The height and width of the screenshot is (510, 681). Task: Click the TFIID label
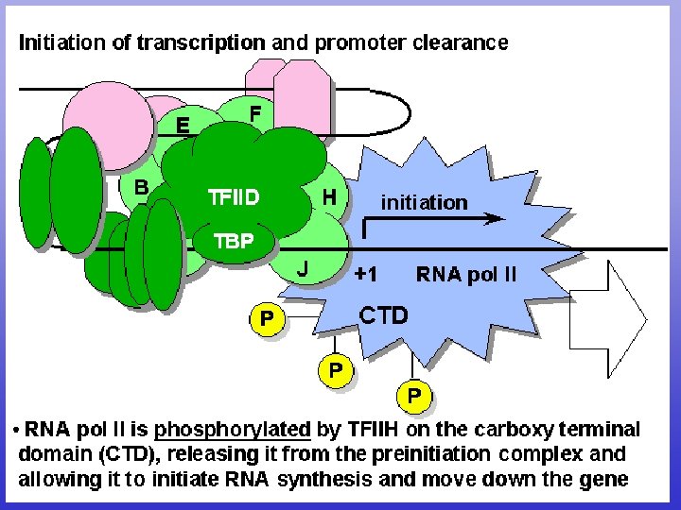point(233,198)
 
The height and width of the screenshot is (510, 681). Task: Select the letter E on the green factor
point(182,124)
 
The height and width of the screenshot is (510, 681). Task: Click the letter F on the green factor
point(254,113)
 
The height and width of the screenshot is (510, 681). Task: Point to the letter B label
point(140,187)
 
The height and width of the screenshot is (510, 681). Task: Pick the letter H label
point(329,197)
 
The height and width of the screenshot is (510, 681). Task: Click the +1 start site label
point(367,275)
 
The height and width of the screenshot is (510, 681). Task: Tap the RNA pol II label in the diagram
point(466,275)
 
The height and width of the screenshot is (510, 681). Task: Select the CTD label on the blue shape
point(384,314)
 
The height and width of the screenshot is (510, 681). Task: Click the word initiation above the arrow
point(424,202)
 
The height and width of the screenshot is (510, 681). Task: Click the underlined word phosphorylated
point(233,430)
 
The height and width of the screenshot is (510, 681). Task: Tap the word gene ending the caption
point(606,479)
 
